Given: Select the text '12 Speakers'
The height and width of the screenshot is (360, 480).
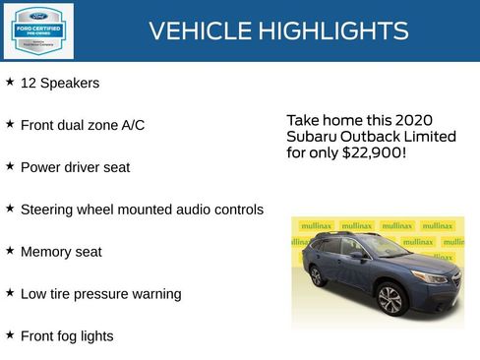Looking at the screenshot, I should (x=59, y=84).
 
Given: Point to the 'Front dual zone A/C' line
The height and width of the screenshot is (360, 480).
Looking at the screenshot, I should (x=82, y=125).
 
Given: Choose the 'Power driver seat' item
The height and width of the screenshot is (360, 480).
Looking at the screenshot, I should (x=75, y=167).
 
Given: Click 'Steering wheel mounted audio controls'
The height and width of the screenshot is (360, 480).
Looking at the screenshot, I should (x=142, y=210).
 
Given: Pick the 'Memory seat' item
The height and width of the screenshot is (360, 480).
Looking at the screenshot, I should (x=61, y=252).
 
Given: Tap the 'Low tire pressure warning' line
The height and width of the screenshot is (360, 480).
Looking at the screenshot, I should (x=100, y=294).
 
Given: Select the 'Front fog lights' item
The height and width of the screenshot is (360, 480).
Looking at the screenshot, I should (x=67, y=336).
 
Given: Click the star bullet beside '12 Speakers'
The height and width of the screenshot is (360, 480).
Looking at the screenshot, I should (x=10, y=83).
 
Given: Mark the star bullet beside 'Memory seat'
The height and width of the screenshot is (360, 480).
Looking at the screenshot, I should (x=10, y=251).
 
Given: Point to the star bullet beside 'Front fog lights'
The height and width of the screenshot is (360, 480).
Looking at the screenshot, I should (x=10, y=335).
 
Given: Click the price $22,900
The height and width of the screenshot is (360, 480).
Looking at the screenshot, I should (x=374, y=154).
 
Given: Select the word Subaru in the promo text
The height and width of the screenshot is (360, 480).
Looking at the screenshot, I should (x=310, y=137).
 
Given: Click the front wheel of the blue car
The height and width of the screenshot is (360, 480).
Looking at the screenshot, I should (x=390, y=298).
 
